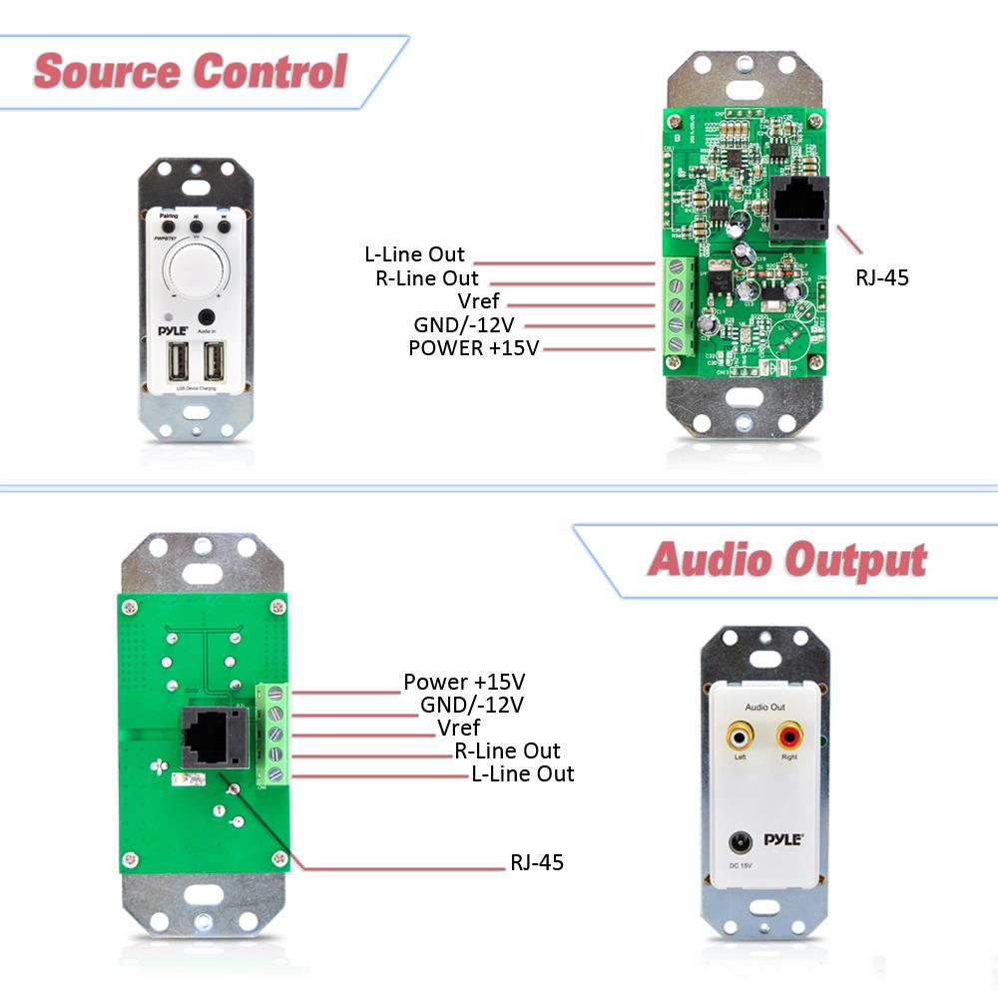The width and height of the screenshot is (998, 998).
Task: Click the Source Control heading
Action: pyautogui.click(x=190, y=72)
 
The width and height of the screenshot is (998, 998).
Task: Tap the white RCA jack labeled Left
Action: pyautogui.click(x=739, y=739)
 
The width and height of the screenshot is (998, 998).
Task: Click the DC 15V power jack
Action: pyautogui.click(x=743, y=842)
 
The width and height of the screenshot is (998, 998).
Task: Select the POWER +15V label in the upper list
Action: pyautogui.click(x=473, y=348)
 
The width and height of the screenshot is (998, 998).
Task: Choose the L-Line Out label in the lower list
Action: pyautogui.click(x=523, y=773)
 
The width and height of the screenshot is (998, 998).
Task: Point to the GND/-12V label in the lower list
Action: pyautogui.click(x=471, y=705)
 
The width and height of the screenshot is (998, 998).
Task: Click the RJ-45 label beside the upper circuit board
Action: pyautogui.click(x=882, y=277)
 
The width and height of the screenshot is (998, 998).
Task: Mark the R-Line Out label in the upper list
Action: pyautogui.click(x=427, y=278)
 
